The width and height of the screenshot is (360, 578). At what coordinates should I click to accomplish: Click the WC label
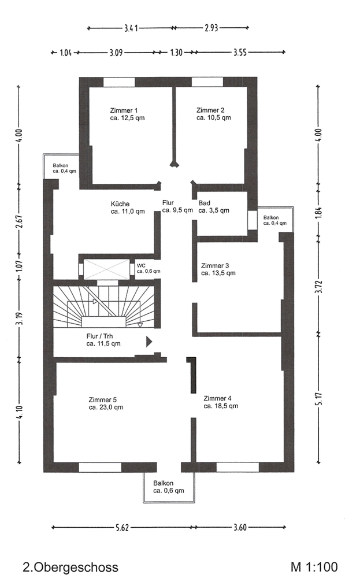tap(141, 265)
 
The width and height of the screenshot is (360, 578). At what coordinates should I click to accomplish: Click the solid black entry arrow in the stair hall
tap(149, 342)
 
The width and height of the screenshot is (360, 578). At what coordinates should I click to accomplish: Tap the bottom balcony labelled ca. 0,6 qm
tap(169, 487)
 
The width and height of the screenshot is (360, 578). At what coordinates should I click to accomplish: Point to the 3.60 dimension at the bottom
tap(240, 528)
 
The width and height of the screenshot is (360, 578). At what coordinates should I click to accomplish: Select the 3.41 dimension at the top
tap(131, 28)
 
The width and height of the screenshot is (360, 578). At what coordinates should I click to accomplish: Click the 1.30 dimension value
tap(176, 53)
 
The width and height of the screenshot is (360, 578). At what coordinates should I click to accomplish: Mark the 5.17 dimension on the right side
tap(319, 398)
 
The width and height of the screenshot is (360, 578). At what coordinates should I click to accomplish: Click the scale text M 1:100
tap(314, 566)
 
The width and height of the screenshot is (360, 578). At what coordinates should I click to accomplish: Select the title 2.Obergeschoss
tap(70, 567)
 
